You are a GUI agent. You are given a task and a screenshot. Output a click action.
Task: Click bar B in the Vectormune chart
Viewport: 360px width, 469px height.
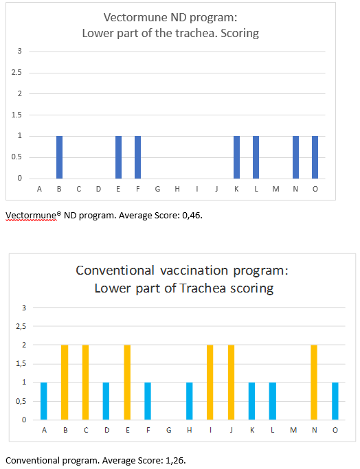59,157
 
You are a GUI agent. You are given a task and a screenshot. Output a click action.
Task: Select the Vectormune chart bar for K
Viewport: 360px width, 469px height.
236,157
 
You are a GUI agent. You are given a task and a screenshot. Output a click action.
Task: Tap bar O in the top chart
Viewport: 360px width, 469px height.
315,157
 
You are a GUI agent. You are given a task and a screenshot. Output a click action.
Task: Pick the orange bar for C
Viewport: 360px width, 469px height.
85,382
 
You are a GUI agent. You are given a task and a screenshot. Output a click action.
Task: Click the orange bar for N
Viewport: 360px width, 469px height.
313,382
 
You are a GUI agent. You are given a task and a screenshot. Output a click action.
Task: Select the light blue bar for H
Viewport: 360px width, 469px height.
189,401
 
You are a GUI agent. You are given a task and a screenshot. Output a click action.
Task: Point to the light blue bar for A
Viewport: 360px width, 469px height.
44,401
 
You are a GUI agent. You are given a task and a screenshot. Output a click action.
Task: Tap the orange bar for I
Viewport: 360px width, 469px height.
210,382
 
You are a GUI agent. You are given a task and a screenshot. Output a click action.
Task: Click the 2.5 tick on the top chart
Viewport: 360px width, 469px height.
16,72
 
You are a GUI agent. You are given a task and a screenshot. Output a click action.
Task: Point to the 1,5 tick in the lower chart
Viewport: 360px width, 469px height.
21,364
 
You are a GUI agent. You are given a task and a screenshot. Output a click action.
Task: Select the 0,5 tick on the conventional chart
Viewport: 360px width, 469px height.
21,401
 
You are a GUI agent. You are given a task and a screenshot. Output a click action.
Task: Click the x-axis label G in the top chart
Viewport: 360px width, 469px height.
157,189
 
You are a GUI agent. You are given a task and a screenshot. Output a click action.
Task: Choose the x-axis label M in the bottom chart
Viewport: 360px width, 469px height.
293,430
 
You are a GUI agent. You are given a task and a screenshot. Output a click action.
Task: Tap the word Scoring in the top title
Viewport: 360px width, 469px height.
240,34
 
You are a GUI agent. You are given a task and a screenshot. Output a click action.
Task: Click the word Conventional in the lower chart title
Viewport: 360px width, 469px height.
115,271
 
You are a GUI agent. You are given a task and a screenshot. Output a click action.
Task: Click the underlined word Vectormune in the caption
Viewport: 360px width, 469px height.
31,216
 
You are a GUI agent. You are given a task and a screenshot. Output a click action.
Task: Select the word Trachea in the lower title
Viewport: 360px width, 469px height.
203,288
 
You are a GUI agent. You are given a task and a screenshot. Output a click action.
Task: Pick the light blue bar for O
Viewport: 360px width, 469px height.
335,401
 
